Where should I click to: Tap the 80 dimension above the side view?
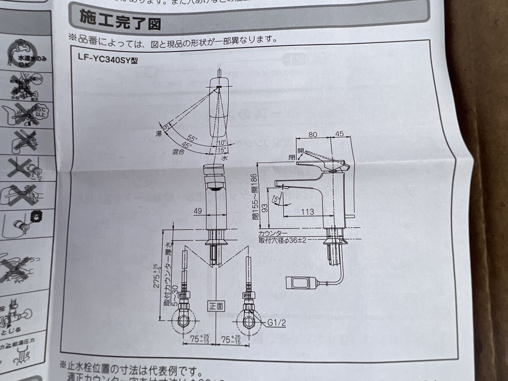pos(313,135)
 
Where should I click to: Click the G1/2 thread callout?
pos(277,323)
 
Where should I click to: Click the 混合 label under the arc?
pos(178,151)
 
